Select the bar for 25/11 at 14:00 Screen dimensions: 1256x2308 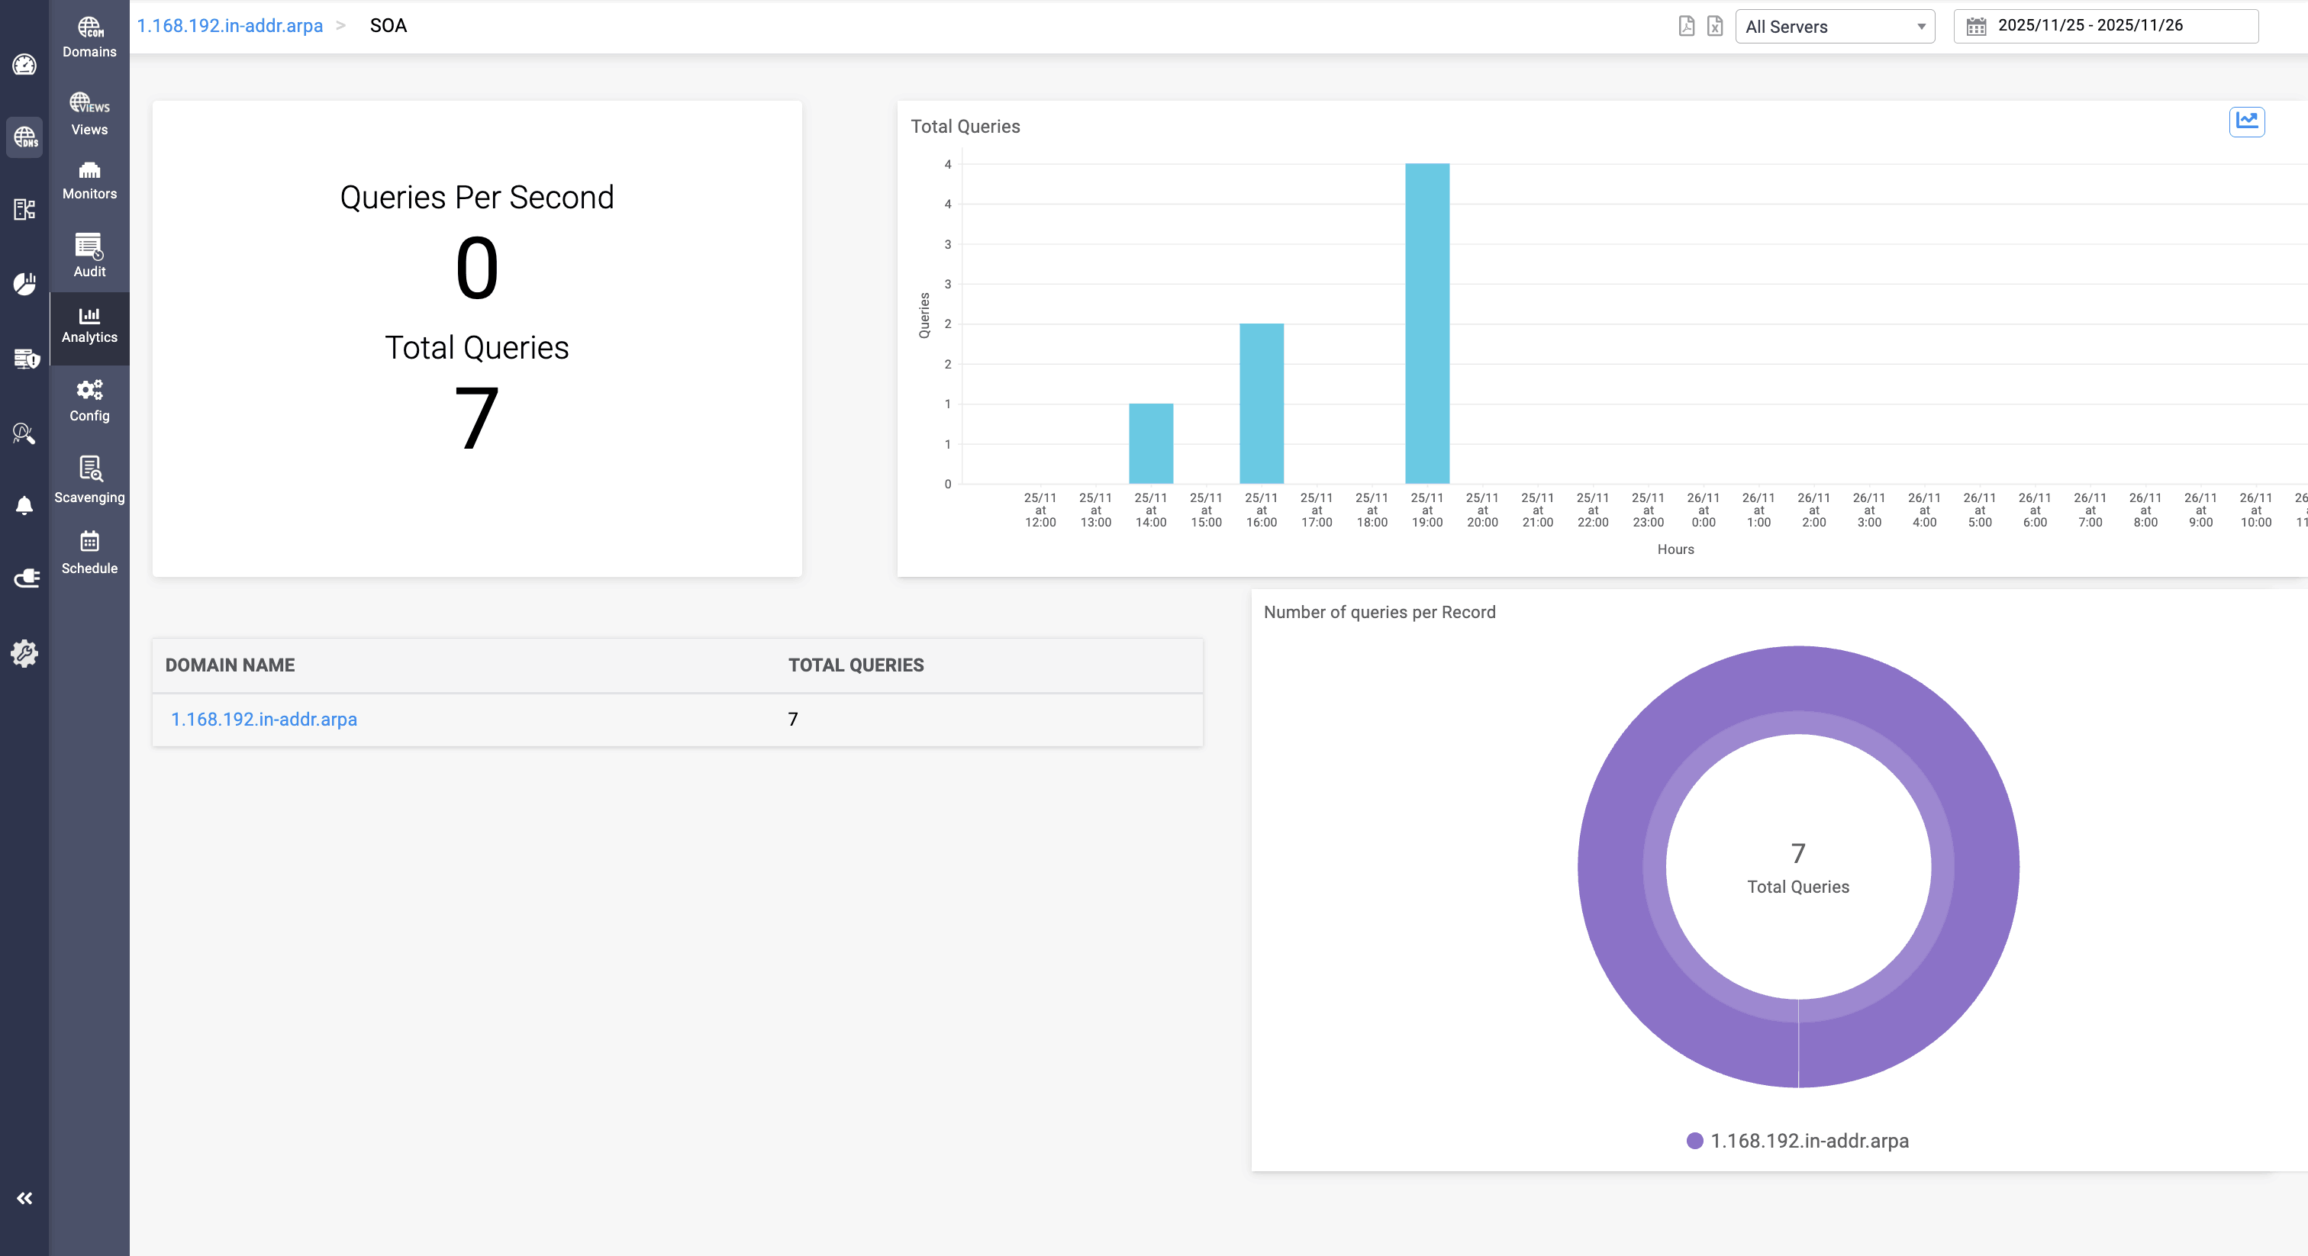coord(1150,443)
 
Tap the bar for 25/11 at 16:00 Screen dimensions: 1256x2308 coord(1261,403)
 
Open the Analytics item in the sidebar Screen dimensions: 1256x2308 coord(89,326)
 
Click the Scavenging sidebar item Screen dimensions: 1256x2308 coord(89,479)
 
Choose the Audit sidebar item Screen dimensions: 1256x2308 coord(89,256)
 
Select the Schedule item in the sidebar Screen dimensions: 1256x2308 coord(89,552)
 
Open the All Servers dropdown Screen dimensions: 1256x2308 coord(1834,27)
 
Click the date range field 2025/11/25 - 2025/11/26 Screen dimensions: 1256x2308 coord(2105,26)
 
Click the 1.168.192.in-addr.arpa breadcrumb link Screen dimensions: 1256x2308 coord(230,26)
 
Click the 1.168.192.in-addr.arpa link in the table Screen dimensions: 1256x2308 coord(264,720)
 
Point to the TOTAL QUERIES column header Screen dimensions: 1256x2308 coord(856,665)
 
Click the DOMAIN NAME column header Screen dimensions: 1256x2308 coord(230,665)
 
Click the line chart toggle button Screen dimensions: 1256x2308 coord(2246,121)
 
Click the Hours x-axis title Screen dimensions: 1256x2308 coord(1675,549)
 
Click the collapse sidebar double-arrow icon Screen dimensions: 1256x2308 coord(24,1199)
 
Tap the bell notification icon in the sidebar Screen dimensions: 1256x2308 coord(24,505)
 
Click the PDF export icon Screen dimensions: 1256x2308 coord(1686,26)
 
